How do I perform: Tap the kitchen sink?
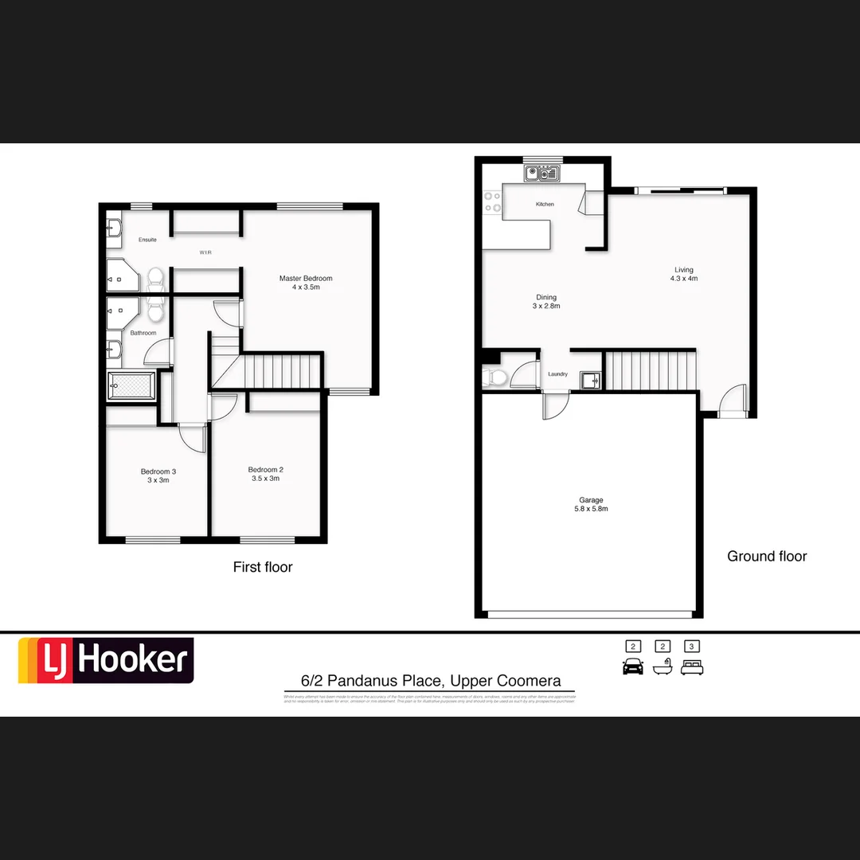point(542,173)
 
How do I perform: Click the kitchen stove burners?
point(492,202)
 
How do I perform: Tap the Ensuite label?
point(147,240)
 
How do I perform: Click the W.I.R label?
point(205,252)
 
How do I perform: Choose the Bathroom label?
point(143,333)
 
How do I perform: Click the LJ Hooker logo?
point(106,661)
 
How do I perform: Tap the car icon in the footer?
point(633,667)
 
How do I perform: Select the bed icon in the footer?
point(692,667)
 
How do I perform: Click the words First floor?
point(263,567)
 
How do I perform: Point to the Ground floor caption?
point(767,557)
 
